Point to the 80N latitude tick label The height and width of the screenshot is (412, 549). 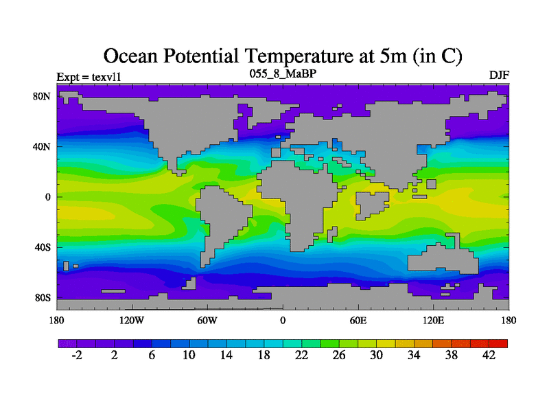tap(43, 96)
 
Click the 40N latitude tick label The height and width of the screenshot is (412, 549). tap(43, 146)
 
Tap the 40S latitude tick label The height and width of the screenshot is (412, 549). tap(43, 247)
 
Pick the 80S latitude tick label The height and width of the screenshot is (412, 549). tap(43, 298)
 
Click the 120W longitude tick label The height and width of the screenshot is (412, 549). tap(131, 320)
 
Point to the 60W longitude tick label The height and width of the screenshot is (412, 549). tap(207, 320)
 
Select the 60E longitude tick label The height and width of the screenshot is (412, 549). tap(358, 320)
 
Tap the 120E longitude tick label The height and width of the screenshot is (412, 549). tap(433, 320)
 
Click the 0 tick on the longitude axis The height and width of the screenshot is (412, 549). tap(283, 320)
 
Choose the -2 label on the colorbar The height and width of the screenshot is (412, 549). tap(76, 355)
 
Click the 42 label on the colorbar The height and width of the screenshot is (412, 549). tap(489, 355)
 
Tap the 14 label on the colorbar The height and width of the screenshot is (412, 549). tap(226, 355)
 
